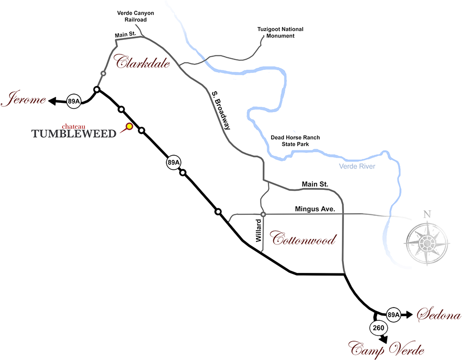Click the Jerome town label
pyautogui.click(x=23, y=98)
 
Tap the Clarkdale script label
pyautogui.click(x=142, y=62)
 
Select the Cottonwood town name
pyautogui.click(x=303, y=238)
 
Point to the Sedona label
pyautogui.click(x=439, y=314)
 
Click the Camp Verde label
pyautogui.click(x=386, y=349)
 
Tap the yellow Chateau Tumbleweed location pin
pyautogui.click(x=129, y=126)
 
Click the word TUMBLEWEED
pyautogui.click(x=74, y=134)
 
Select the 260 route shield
pyautogui.click(x=379, y=327)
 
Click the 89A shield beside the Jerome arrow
pyautogui.click(x=74, y=101)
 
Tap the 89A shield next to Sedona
pyautogui.click(x=393, y=315)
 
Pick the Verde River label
pyautogui.click(x=357, y=167)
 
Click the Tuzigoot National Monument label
pyautogui.click(x=280, y=33)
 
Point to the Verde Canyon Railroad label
pyautogui.click(x=135, y=16)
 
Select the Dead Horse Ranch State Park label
pyautogui.click(x=295, y=141)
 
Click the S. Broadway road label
pyautogui.click(x=221, y=110)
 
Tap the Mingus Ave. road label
pyautogui.click(x=315, y=209)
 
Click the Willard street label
pyautogui.click(x=258, y=231)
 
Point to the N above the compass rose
pyautogui.click(x=427, y=214)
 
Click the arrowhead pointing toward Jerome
pyautogui.click(x=52, y=101)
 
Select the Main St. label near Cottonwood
pyautogui.click(x=315, y=184)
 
